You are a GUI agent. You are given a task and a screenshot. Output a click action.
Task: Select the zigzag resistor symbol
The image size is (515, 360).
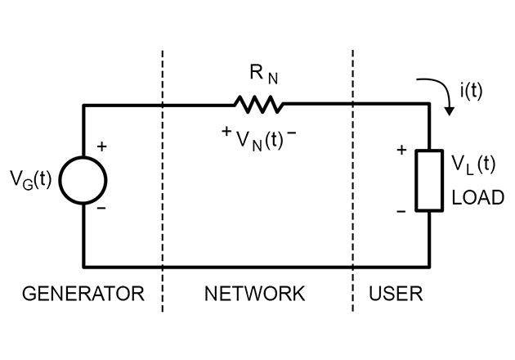pos(257,104)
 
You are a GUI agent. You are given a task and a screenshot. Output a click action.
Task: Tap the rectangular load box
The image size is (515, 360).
pos(428,180)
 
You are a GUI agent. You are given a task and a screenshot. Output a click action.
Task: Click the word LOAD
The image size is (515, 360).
pos(477,198)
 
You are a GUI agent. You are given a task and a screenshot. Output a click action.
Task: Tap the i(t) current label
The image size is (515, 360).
pos(471,91)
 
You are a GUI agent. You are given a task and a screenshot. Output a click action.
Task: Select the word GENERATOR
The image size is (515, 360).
pos(83,292)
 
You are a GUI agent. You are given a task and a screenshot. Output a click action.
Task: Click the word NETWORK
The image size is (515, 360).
pos(253,292)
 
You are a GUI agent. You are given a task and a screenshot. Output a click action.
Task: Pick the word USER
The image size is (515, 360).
pos(396,292)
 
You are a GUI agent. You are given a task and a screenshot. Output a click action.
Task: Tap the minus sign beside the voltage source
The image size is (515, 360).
pos(101,208)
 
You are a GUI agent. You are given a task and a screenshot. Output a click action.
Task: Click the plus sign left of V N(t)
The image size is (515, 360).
pos(226,131)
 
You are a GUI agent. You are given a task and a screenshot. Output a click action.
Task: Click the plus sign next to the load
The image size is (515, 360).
pos(401,150)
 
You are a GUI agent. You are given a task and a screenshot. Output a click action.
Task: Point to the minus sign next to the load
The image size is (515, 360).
pos(401,212)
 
